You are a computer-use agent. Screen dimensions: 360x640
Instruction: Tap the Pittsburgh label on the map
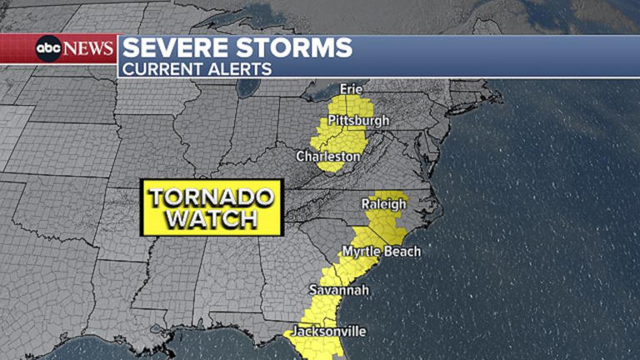tap(358, 121)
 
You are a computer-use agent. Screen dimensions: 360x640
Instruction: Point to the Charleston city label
tap(328, 156)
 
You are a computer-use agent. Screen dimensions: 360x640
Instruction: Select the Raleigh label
tap(383, 204)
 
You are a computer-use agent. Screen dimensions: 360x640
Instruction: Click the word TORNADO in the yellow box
tap(212, 197)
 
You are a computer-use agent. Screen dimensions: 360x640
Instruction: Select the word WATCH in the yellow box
tap(212, 219)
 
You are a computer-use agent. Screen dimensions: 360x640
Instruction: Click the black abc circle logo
tap(48, 48)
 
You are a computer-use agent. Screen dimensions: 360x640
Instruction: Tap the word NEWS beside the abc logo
tap(88, 48)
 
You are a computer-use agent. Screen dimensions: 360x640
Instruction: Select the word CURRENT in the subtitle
tap(161, 69)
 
